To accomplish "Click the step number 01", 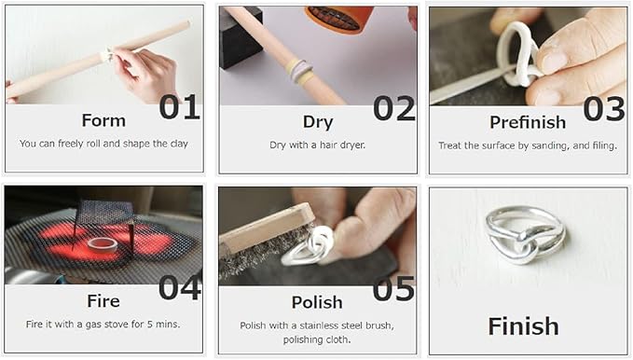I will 179,107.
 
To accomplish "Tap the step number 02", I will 393,108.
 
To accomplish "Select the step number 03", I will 604,108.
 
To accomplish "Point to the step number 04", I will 179,287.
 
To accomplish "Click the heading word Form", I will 103,120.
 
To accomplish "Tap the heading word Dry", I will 318,121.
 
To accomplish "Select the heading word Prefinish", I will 527,122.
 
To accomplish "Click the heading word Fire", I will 103,301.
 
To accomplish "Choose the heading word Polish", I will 318,302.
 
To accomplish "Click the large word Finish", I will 523,326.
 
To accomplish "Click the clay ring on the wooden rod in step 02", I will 299,71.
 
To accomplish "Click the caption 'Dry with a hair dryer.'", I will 317,145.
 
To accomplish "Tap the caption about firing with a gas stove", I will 103,325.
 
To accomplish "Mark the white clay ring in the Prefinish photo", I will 519,56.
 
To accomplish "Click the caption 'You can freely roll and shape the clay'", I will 103,144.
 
